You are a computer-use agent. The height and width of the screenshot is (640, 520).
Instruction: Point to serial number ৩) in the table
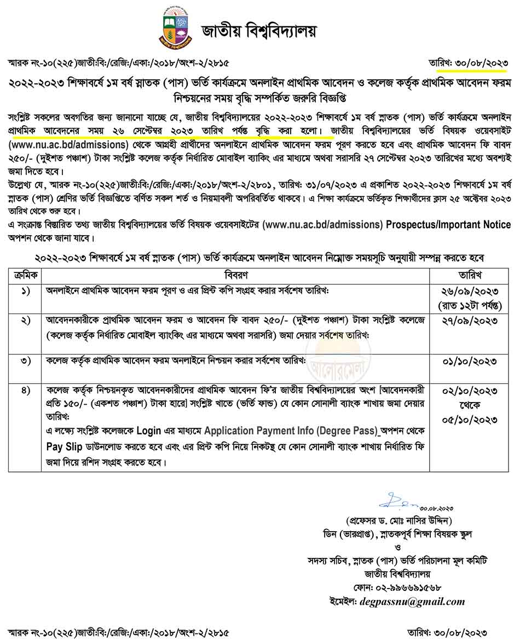pyautogui.click(x=26, y=360)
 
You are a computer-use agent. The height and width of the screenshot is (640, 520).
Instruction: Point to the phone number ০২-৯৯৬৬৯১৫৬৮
pyautogui.click(x=410, y=588)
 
